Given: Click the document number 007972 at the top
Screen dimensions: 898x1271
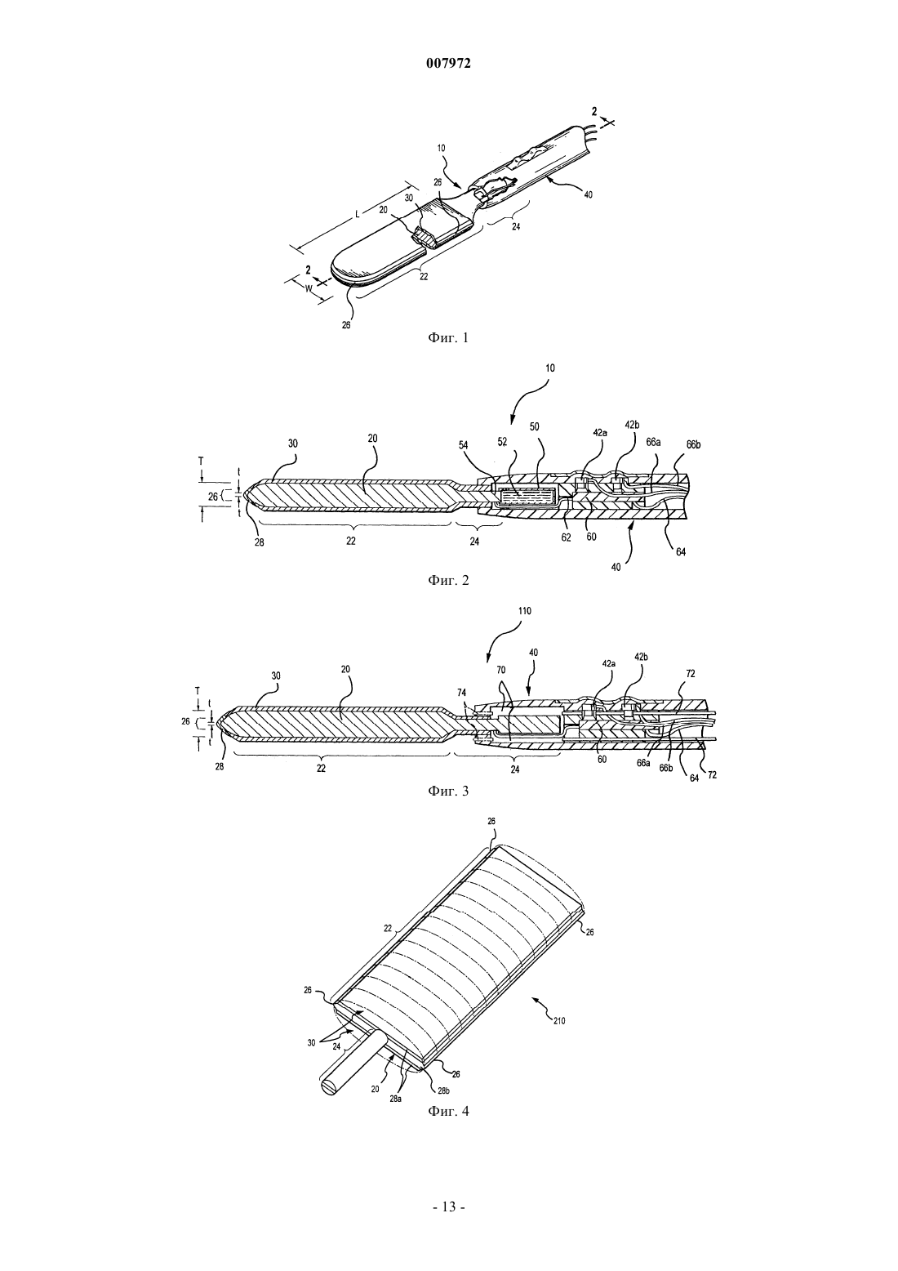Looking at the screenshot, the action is point(448,64).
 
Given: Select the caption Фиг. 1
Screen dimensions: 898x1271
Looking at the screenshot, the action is point(448,338).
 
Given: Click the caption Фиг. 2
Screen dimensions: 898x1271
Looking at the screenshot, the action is point(448,581).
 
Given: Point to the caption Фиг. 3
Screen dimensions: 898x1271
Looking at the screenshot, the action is point(448,791).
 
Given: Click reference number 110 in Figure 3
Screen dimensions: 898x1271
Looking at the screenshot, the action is point(524,611).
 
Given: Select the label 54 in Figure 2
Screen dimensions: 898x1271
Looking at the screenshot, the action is point(463,446).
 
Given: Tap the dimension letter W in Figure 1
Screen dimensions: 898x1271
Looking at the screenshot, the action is point(309,288).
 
